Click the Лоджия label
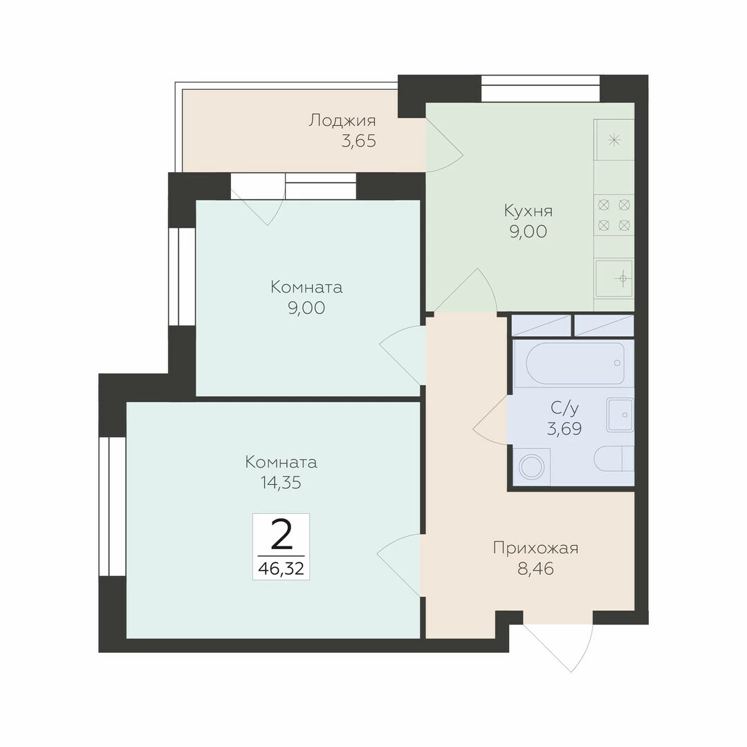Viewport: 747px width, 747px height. [342, 121]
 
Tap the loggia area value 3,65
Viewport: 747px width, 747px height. [359, 142]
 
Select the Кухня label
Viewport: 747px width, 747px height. [528, 210]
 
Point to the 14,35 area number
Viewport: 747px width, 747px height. [281, 483]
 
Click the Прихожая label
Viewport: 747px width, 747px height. [535, 548]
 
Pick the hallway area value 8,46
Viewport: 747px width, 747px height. [535, 569]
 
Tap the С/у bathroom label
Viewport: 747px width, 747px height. [564, 408]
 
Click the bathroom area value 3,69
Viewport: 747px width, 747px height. [564, 429]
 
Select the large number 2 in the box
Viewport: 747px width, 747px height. [281, 535]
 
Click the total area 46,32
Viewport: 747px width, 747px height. [281, 569]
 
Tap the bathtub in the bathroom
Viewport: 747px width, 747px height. [575, 363]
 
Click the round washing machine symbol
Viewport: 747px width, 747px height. [531, 466]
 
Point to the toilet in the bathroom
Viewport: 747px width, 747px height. [614, 459]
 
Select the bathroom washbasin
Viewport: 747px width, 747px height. [620, 415]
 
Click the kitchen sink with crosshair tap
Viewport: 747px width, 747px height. [614, 278]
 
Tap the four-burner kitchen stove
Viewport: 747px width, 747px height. [614, 215]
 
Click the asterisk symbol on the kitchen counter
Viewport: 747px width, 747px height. [615, 140]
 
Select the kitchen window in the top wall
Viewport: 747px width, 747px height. [540, 89]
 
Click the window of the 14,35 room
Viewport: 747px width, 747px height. [113, 506]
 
